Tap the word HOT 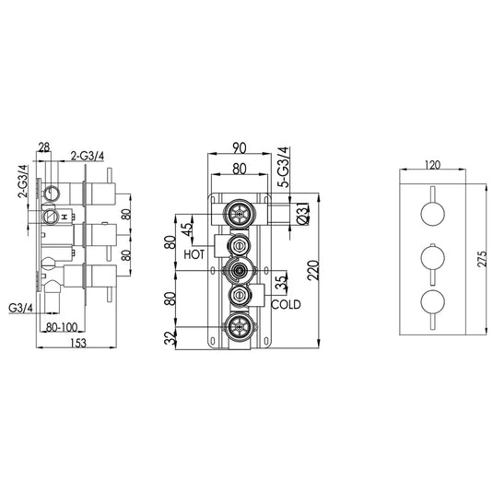click(x=194, y=252)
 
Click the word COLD click(x=286, y=302)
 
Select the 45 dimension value click(x=187, y=228)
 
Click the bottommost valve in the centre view click(x=240, y=324)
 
